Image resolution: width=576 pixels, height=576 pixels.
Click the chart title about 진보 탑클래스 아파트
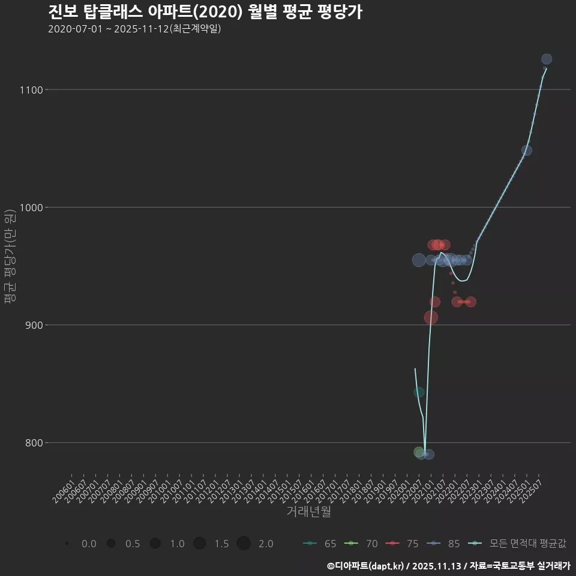point(204,11)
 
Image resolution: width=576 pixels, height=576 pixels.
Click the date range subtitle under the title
point(134,28)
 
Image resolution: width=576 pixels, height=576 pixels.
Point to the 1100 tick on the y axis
point(30,90)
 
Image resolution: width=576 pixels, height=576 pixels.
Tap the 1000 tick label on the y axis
point(30,208)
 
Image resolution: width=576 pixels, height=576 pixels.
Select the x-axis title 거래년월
point(308,511)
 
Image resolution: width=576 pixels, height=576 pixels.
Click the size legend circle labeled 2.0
point(244,544)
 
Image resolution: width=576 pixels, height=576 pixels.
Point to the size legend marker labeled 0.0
point(67,544)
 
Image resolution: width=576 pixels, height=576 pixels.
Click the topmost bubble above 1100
point(547,59)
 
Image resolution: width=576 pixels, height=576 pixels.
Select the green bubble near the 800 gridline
point(419,452)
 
